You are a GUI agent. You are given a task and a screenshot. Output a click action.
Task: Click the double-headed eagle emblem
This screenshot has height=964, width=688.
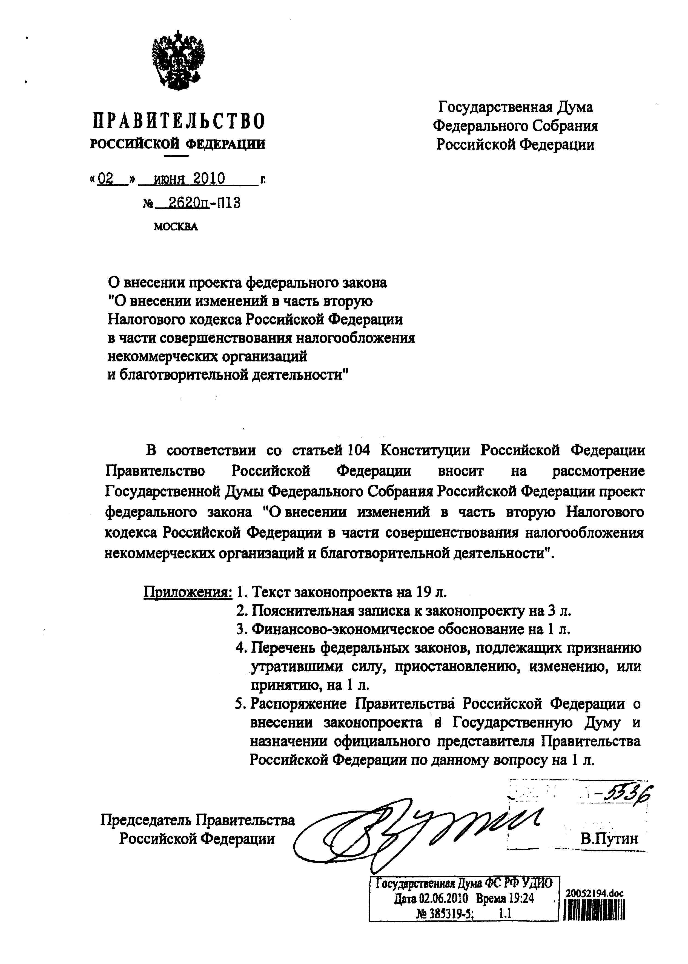click(x=178, y=60)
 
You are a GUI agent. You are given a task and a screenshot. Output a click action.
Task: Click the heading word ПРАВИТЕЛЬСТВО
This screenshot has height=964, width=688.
click(x=179, y=121)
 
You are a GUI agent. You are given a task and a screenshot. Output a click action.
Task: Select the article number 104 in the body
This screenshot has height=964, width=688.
click(x=359, y=450)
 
